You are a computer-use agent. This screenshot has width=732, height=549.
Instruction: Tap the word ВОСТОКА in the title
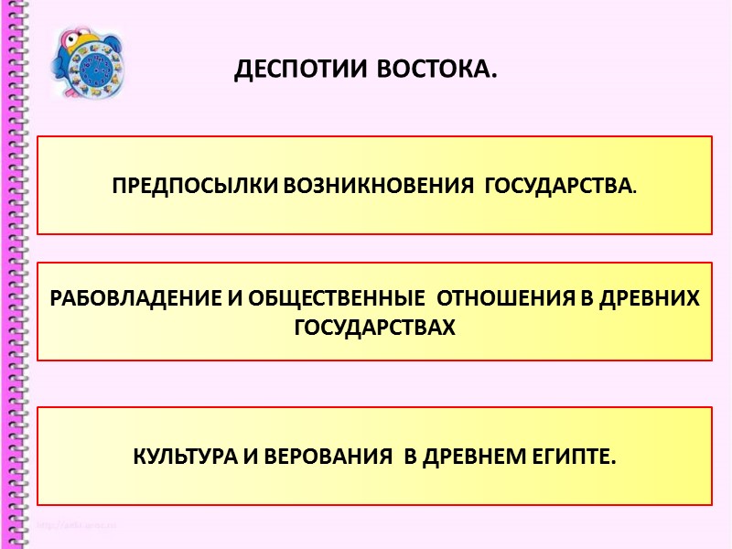tap(431, 70)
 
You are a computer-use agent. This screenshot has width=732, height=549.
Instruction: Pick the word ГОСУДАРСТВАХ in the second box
tap(375, 327)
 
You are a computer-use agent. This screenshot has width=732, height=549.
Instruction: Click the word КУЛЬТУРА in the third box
tap(183, 456)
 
